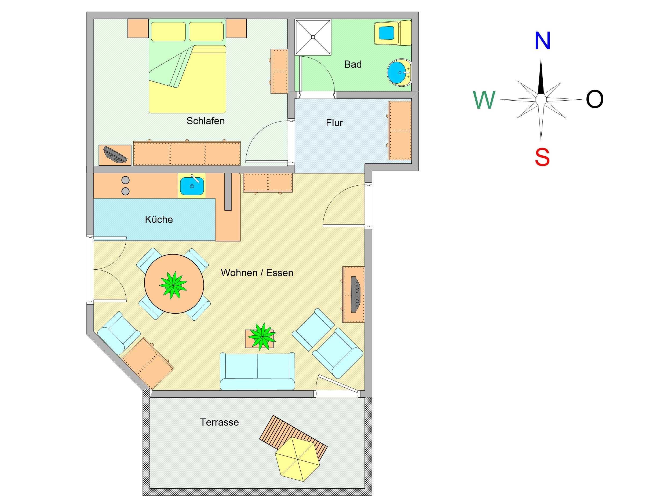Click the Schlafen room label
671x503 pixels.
pos(205,121)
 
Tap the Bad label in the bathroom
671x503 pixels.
pos(353,64)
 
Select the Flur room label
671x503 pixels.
pos(334,123)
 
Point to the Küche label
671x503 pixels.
pos(159,219)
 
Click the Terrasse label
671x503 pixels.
pos(219,422)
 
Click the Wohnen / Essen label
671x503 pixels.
pos(257,273)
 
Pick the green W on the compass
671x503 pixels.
pos(484,100)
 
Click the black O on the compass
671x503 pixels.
pos(595,99)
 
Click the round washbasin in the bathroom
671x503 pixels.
pos(399,73)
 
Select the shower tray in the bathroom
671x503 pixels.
pos(313,37)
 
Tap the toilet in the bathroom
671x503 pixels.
pos(392,33)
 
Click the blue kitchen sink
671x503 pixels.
pos(192,186)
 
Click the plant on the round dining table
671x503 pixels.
pos(173,285)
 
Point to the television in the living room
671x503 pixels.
pos(355,294)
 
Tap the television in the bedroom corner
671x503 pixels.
pos(115,155)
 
